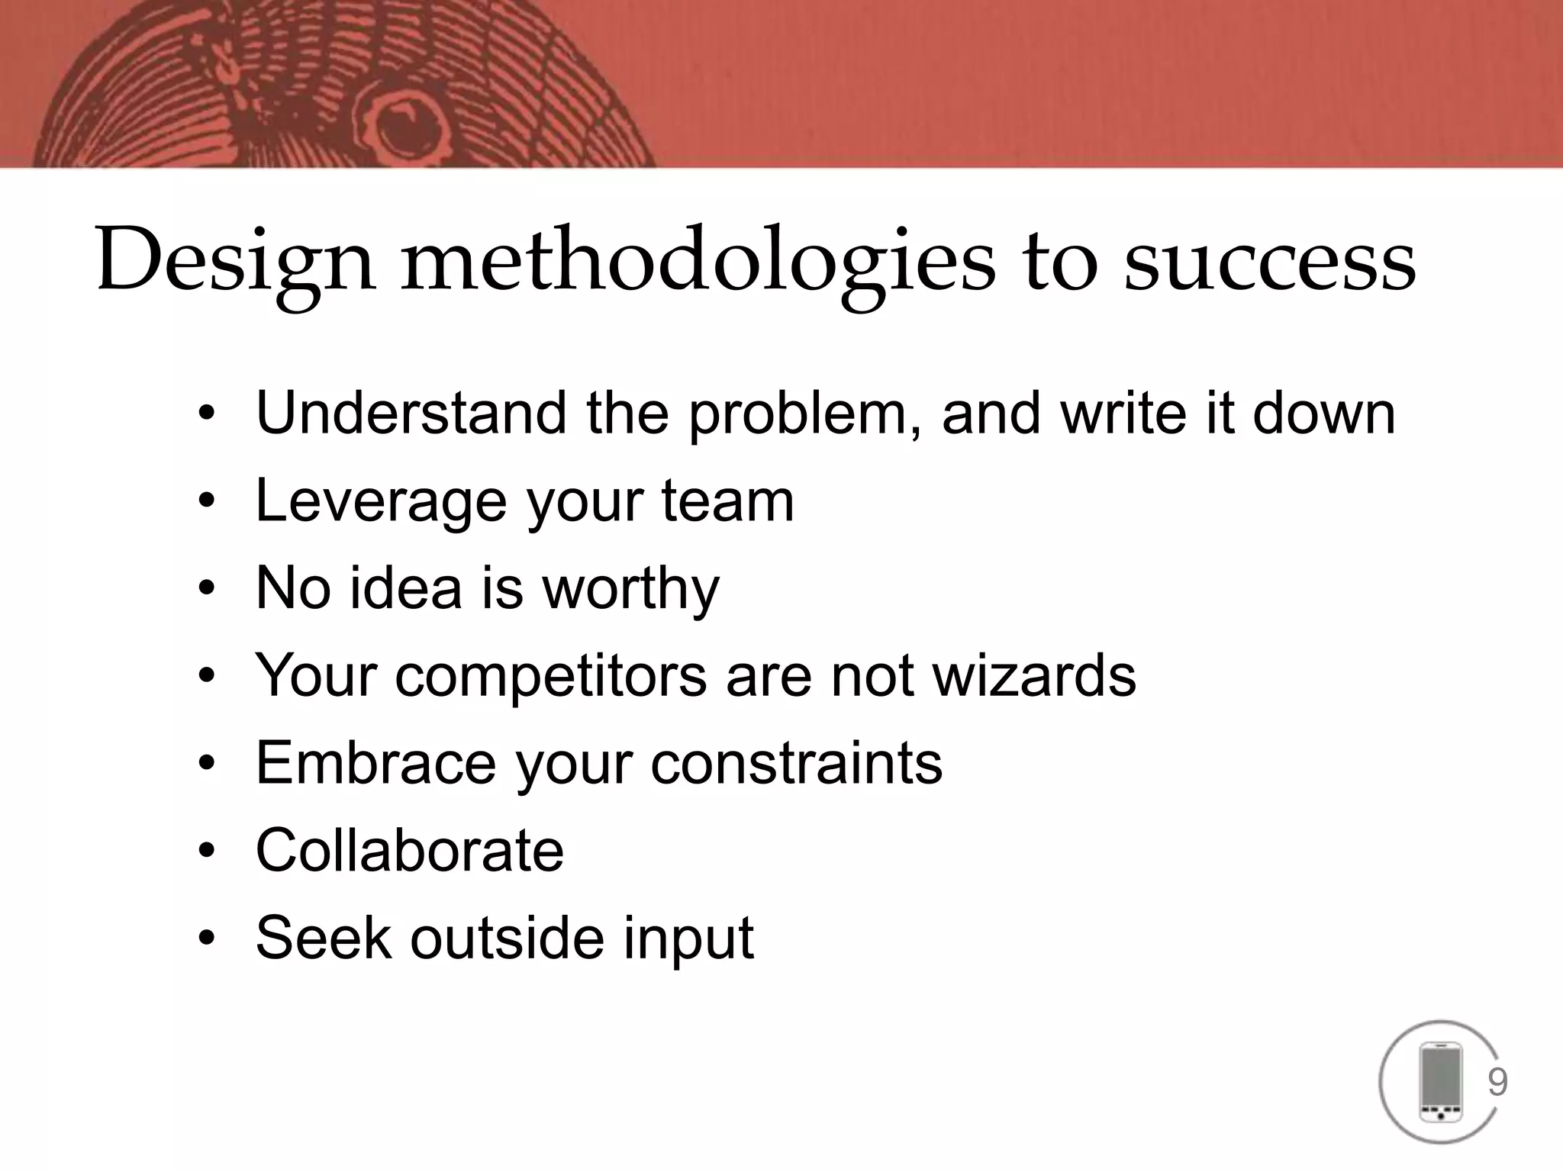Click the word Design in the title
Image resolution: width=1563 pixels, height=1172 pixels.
235,261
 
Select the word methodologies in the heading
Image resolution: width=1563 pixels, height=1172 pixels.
698,261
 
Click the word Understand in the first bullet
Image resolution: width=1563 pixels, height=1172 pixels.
411,413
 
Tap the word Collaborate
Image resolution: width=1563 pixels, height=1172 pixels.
410,850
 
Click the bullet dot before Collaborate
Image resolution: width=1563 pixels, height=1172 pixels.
205,852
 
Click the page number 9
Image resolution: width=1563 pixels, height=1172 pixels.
1497,1083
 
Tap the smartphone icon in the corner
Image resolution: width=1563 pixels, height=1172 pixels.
1439,1083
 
